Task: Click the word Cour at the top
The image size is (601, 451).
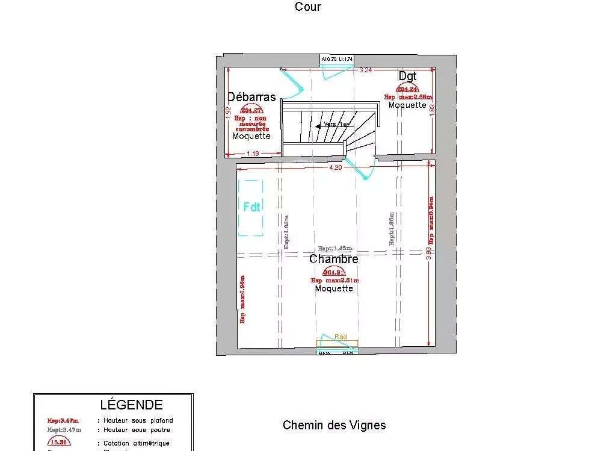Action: pyautogui.click(x=307, y=7)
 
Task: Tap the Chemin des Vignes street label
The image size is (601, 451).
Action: pyautogui.click(x=334, y=425)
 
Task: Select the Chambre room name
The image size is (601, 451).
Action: pyautogui.click(x=333, y=259)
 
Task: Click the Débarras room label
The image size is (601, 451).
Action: pyautogui.click(x=251, y=97)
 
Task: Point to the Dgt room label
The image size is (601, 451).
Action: pyautogui.click(x=407, y=76)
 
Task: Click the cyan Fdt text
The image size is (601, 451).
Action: pyautogui.click(x=251, y=207)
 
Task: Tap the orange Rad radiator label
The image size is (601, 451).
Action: pyautogui.click(x=340, y=337)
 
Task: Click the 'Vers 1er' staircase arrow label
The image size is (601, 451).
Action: pyautogui.click(x=336, y=125)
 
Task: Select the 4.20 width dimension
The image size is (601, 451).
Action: pyautogui.click(x=334, y=168)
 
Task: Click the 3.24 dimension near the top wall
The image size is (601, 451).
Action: pyautogui.click(x=365, y=70)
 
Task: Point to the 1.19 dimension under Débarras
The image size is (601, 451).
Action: pyautogui.click(x=253, y=154)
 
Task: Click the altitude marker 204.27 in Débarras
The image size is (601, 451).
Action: pyautogui.click(x=251, y=110)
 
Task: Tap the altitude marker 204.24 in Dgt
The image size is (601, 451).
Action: pyautogui.click(x=407, y=89)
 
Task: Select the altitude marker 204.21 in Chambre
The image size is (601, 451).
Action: pyautogui.click(x=334, y=272)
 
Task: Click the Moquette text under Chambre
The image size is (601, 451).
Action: pyautogui.click(x=334, y=288)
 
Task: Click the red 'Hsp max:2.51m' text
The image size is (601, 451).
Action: pyautogui.click(x=334, y=281)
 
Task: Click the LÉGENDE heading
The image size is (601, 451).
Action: pyautogui.click(x=131, y=405)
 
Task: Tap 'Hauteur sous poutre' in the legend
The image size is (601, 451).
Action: pyautogui.click(x=138, y=430)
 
